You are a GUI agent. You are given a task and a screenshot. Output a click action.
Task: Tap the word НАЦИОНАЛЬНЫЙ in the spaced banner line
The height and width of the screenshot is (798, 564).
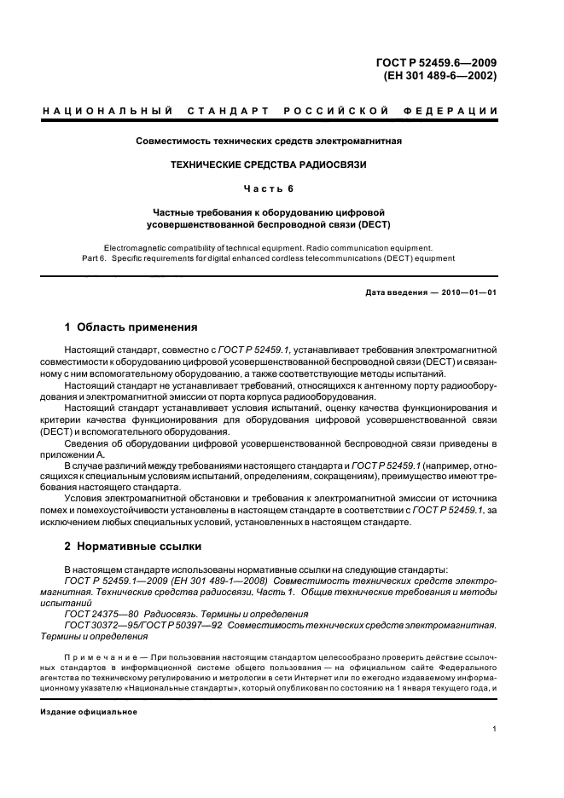[106, 112]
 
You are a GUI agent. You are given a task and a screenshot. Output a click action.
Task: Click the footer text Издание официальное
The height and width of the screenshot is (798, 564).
[83, 711]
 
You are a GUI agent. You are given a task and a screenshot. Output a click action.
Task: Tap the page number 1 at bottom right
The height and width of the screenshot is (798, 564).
[495, 730]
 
